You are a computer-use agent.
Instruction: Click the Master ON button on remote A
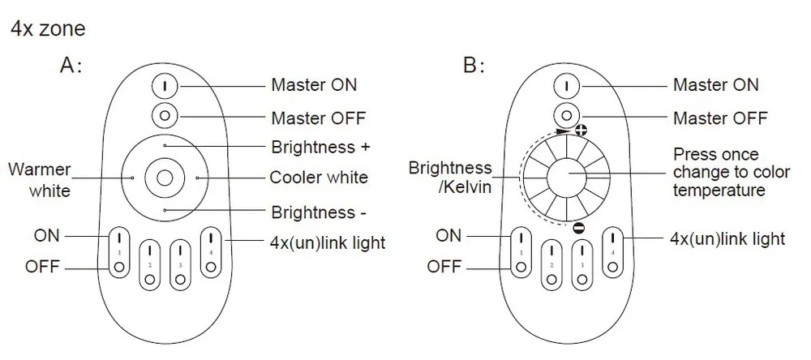click(x=165, y=86)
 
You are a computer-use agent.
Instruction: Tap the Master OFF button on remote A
click(x=165, y=115)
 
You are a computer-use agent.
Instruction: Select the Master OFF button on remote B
click(x=566, y=115)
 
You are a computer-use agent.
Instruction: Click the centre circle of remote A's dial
click(x=165, y=178)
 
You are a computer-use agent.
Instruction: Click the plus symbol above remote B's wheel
click(x=581, y=130)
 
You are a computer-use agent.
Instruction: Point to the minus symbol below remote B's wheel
click(x=579, y=228)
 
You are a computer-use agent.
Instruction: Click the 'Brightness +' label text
click(x=320, y=147)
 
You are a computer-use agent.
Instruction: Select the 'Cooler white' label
click(x=319, y=178)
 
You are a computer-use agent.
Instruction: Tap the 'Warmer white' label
click(x=40, y=180)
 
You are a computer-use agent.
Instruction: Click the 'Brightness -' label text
click(x=319, y=212)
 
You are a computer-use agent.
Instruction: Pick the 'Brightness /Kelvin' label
click(x=450, y=177)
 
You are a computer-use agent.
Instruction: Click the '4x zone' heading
click(x=48, y=28)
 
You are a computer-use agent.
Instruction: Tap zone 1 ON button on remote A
click(x=119, y=237)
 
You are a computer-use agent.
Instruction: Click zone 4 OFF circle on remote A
click(x=211, y=268)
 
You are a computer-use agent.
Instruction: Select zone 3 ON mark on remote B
click(x=581, y=250)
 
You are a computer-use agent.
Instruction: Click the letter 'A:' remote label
click(x=71, y=66)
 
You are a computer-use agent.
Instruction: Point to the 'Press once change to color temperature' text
click(x=732, y=172)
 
